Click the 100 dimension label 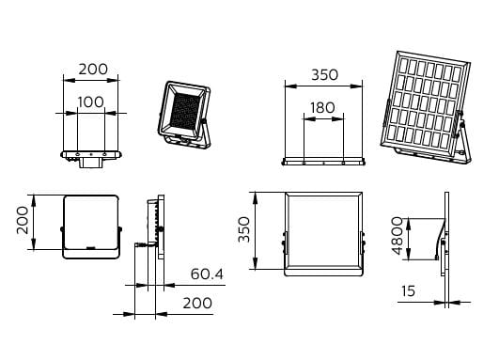91,102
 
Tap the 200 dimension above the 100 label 93,69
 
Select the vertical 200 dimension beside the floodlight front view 23,220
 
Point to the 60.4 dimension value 207,274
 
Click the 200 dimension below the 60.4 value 197,303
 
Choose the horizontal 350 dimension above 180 324,75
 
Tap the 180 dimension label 322,107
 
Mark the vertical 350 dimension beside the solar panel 244,229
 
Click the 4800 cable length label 398,236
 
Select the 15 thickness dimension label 408,290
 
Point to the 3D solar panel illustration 426,107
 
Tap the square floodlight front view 91,227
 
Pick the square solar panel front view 324,234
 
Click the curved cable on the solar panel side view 440,239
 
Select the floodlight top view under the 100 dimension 91,159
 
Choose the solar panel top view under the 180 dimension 323,162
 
